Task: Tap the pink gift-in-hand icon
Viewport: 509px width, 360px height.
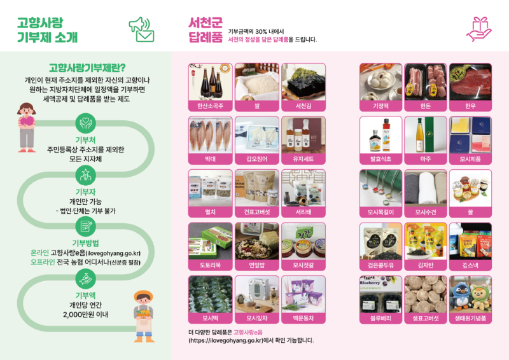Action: point(478,28)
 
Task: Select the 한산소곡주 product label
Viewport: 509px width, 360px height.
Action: point(210,106)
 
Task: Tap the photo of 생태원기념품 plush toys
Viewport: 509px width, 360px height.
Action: point(470,293)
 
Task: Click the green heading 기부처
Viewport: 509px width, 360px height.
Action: point(85,139)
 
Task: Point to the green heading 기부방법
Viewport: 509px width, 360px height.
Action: point(85,242)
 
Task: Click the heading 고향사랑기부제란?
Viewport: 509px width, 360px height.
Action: point(87,67)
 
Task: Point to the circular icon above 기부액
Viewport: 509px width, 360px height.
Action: point(85,278)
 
